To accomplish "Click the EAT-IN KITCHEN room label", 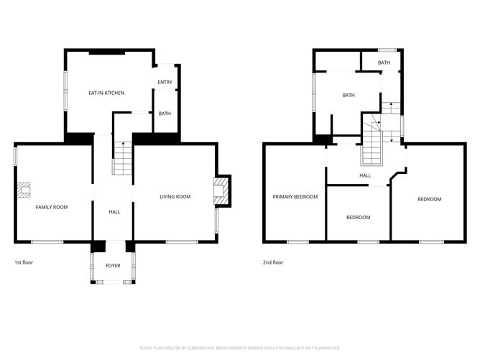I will [x=106, y=93].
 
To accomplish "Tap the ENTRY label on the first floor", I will [x=165, y=82].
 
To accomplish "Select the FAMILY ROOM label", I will [x=52, y=207].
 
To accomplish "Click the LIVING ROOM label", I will [x=175, y=196].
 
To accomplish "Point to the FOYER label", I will [x=113, y=266].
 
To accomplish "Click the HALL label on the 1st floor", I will [x=114, y=212].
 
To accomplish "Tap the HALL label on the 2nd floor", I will [x=365, y=175].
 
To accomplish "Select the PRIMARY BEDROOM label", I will [x=295, y=196].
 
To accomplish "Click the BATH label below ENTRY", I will [x=165, y=114].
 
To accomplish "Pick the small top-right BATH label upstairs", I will [x=384, y=63].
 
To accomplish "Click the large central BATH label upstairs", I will [x=349, y=95].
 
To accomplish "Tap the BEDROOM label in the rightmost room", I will [x=429, y=199].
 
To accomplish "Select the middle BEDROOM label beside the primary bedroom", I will [x=358, y=217].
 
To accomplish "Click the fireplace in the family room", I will [x=25, y=190].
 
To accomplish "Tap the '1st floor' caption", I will [x=24, y=262].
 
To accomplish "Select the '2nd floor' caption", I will [x=273, y=262].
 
